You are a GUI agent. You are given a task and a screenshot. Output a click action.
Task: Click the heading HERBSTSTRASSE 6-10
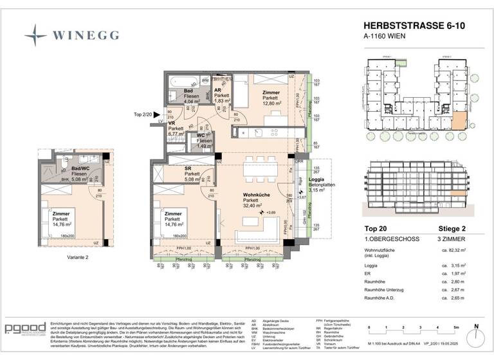pyautogui.click(x=409, y=26)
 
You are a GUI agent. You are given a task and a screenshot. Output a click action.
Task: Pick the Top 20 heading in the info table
pyautogui.click(x=376, y=228)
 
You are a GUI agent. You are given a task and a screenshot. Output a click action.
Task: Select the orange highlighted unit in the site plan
pyautogui.click(x=461, y=120)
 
